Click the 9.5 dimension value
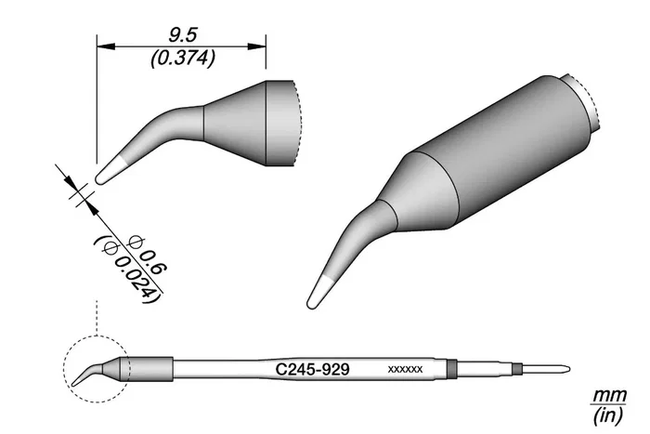point(182,35)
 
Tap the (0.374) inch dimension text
point(183,59)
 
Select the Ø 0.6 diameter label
point(148,255)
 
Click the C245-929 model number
point(313,369)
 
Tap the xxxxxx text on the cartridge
point(405,369)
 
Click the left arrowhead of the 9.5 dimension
point(106,46)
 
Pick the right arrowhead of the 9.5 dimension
point(257,46)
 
